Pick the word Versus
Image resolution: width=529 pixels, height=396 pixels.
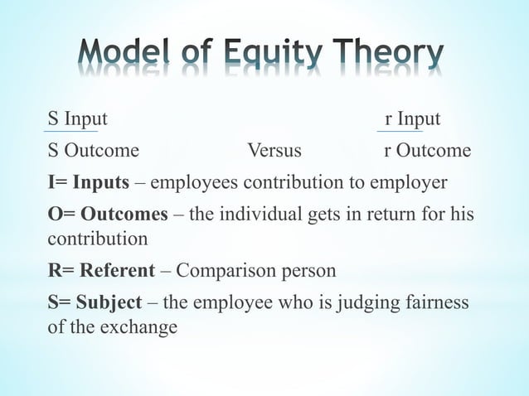274,152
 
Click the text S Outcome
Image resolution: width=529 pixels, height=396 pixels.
93,152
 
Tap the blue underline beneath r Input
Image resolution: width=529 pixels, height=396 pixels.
400,131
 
